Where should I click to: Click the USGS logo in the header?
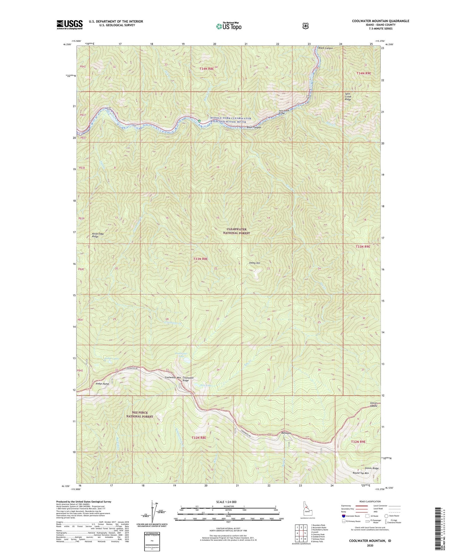[x=69, y=25]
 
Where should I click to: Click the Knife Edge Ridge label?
[x=98, y=235]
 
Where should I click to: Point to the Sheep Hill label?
[x=254, y=263]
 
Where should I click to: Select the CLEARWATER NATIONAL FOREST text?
[x=236, y=231]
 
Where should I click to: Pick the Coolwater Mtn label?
[x=172, y=377]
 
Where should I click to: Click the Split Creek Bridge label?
[x=284, y=112]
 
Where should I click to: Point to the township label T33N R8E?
[x=201, y=259]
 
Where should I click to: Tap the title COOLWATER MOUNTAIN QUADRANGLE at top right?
[x=380, y=21]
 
